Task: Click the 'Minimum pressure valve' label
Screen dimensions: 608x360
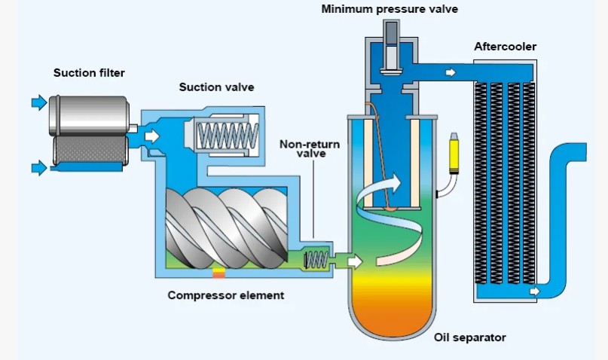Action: (x=390, y=9)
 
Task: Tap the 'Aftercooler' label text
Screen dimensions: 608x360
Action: (x=505, y=47)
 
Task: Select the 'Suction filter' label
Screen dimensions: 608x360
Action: (x=89, y=73)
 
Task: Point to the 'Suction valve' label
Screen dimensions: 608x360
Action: (x=216, y=87)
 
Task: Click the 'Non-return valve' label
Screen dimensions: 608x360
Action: (x=310, y=149)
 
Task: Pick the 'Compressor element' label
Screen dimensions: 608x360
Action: (x=226, y=295)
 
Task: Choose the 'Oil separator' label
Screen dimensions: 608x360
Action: (x=469, y=337)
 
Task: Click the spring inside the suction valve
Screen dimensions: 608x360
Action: (x=228, y=136)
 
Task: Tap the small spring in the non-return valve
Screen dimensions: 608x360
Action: (x=316, y=260)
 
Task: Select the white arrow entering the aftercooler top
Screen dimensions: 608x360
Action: (x=451, y=72)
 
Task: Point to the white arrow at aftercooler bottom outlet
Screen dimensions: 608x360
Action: (x=535, y=291)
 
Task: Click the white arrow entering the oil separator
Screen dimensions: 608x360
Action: (x=355, y=261)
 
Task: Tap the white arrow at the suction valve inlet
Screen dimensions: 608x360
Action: (x=152, y=136)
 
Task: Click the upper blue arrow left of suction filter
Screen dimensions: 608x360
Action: (x=39, y=102)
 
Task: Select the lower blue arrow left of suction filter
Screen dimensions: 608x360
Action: (x=39, y=168)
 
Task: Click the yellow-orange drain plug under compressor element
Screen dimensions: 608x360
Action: (x=218, y=273)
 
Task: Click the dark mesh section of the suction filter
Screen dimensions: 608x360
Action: (x=90, y=150)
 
